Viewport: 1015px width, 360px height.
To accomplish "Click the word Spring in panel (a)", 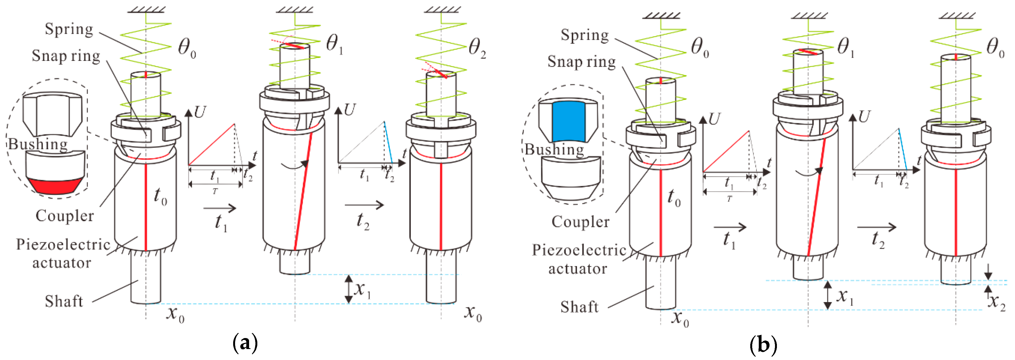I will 69,29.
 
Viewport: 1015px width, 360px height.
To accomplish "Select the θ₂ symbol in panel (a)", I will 477,49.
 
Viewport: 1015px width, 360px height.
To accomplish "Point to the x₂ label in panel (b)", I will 997,302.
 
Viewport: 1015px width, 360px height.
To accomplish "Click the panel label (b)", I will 763,345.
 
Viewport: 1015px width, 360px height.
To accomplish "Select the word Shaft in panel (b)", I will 579,307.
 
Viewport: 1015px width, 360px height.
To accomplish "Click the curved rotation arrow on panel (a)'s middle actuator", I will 294,166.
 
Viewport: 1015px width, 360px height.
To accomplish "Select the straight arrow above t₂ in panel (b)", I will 876,227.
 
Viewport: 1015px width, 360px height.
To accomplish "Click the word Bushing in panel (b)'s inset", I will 554,149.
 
